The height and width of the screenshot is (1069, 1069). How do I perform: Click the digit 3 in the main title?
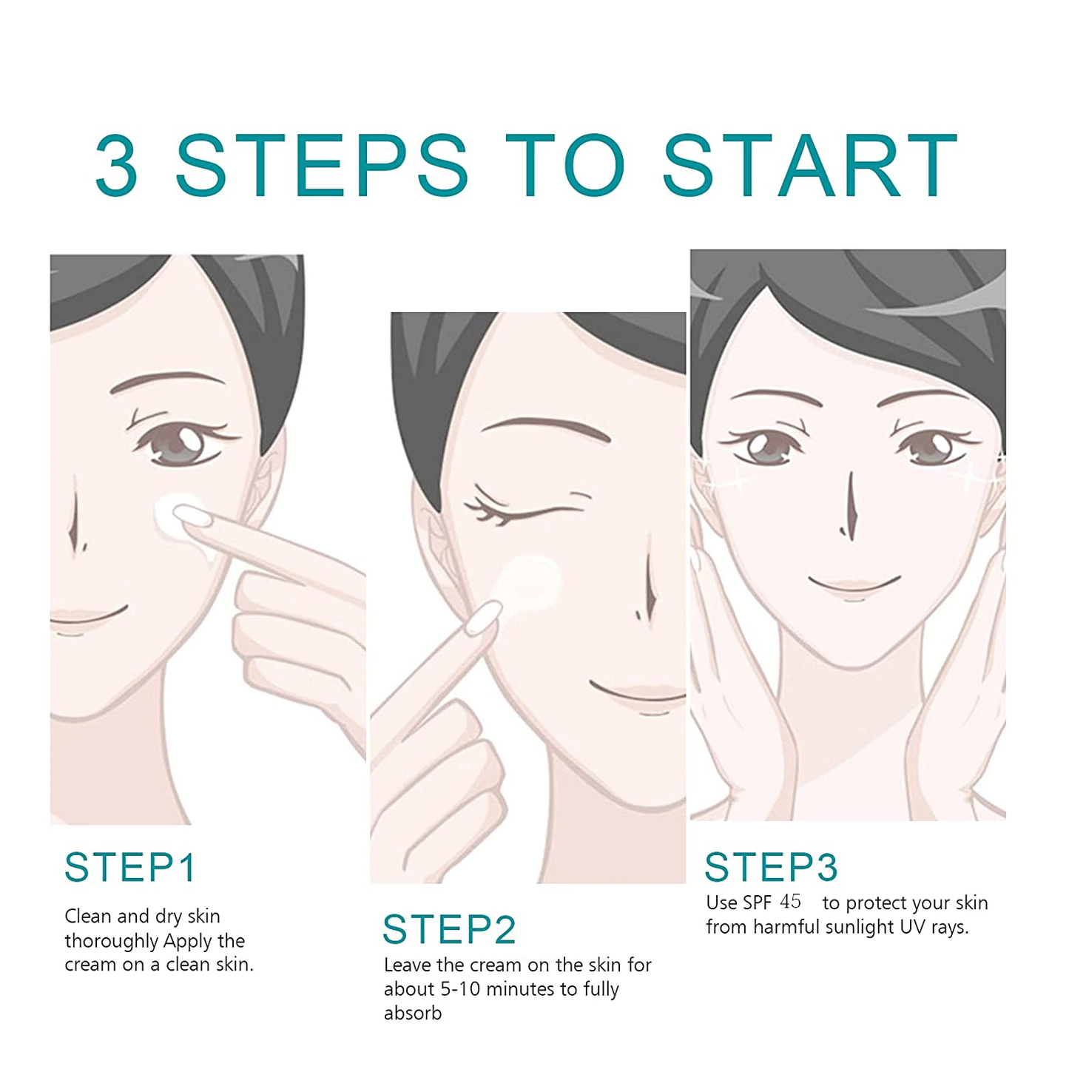tap(117, 166)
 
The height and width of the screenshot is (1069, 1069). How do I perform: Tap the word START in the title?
tap(809, 166)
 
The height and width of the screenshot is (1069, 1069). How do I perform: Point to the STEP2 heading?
tap(449, 929)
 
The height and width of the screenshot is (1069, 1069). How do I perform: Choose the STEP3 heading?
tap(770, 867)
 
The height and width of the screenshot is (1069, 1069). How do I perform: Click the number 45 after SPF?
tap(790, 902)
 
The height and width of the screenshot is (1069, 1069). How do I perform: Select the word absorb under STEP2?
tap(412, 1014)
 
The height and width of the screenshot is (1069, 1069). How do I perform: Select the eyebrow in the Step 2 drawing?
tap(544, 428)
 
